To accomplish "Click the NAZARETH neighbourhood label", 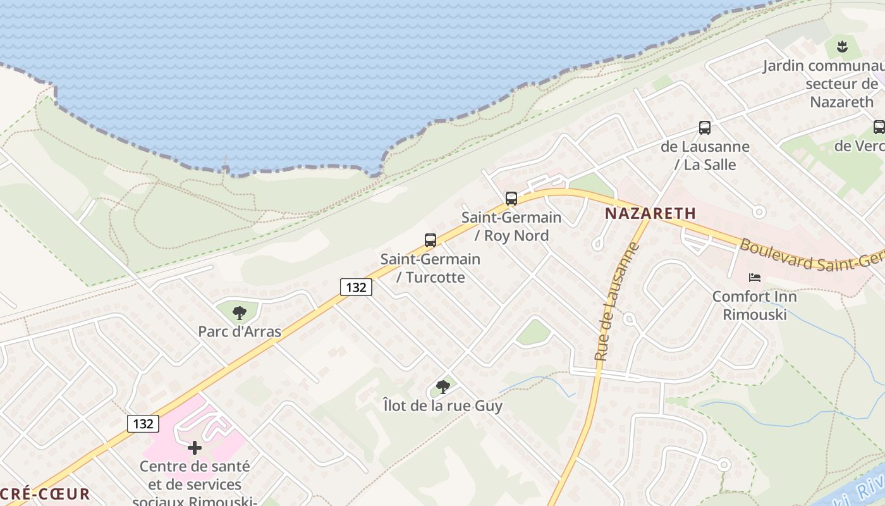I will [x=650, y=214].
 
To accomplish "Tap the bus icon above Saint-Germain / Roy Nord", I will [x=511, y=199].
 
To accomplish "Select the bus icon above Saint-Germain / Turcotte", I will [x=430, y=240].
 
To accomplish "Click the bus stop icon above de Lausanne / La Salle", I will [x=705, y=128].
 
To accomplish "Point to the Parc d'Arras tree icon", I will [x=239, y=312].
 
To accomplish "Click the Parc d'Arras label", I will [x=240, y=331].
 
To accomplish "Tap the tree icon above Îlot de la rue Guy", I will [x=443, y=386].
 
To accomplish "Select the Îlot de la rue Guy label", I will [x=443, y=405].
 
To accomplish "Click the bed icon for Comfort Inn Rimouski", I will [x=755, y=278].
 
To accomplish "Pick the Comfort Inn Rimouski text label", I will [x=754, y=305].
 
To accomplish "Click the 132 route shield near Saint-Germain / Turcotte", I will [x=356, y=287].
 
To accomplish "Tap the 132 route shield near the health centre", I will [x=143, y=423].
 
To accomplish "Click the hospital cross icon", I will [x=195, y=448].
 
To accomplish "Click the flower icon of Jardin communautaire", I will [x=841, y=46].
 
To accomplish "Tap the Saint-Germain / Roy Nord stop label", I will [x=511, y=226].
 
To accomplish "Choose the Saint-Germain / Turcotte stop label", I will [x=430, y=268].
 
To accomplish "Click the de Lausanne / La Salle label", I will [x=705, y=156].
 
